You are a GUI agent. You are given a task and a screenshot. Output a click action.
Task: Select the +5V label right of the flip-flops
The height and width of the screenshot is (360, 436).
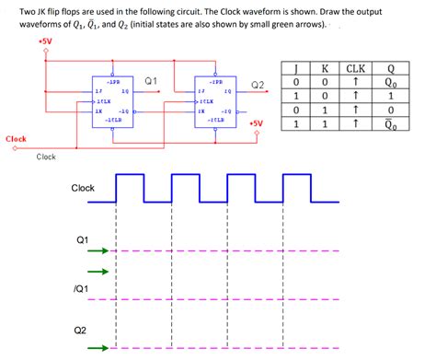(257, 123)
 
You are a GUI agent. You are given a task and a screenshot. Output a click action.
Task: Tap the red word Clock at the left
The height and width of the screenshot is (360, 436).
(16, 139)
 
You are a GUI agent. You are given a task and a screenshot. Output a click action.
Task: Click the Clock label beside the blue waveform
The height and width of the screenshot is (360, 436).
(83, 188)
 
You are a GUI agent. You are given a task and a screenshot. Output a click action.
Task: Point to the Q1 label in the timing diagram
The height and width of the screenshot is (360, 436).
(83, 239)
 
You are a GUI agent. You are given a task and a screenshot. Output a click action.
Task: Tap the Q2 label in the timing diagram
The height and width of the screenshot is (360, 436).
(83, 330)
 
